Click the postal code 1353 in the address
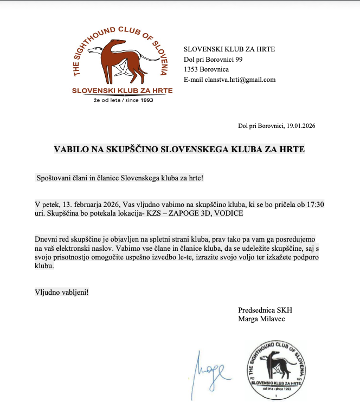coord(192,69)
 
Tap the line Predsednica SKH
coord(265,310)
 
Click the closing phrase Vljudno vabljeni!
coord(61,291)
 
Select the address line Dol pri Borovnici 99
coord(213,59)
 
